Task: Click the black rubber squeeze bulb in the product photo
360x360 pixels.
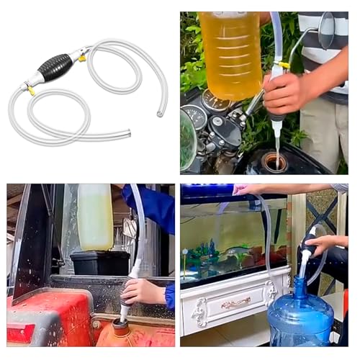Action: point(54,68)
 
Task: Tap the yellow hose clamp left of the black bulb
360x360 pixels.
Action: point(30,90)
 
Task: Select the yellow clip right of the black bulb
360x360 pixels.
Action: point(83,56)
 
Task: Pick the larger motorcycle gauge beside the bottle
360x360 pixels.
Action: point(195,117)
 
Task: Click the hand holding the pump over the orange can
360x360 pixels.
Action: point(143,292)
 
